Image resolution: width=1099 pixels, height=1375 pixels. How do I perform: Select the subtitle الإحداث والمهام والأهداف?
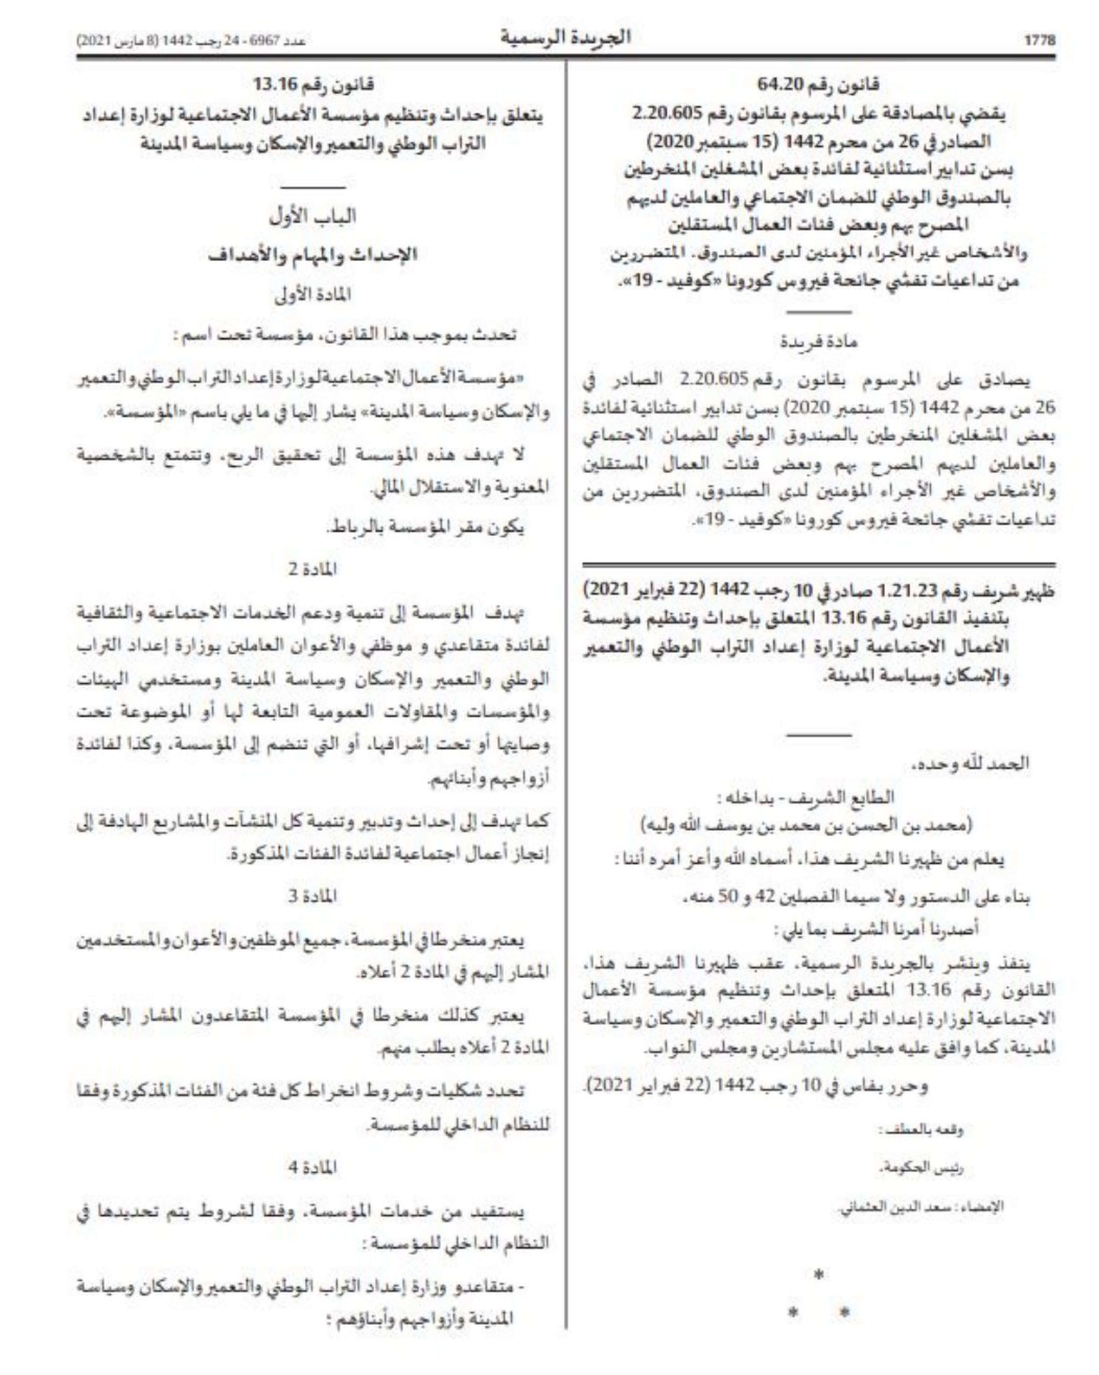pos(313,255)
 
